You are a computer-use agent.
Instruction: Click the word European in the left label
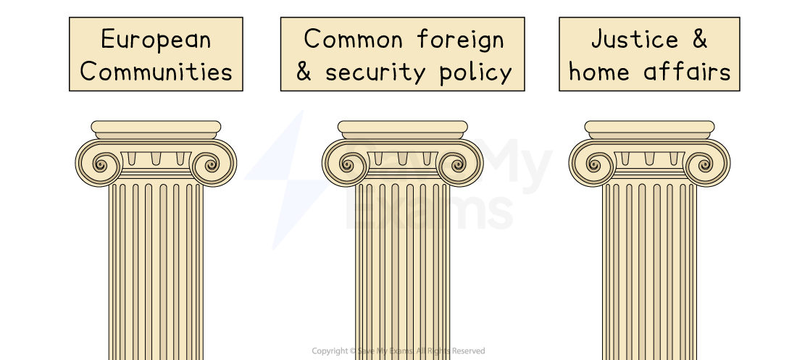156,39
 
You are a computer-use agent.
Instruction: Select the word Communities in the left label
156,72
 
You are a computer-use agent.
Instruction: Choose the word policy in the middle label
475,72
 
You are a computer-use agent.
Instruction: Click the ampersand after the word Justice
698,39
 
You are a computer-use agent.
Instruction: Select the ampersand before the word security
304,72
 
